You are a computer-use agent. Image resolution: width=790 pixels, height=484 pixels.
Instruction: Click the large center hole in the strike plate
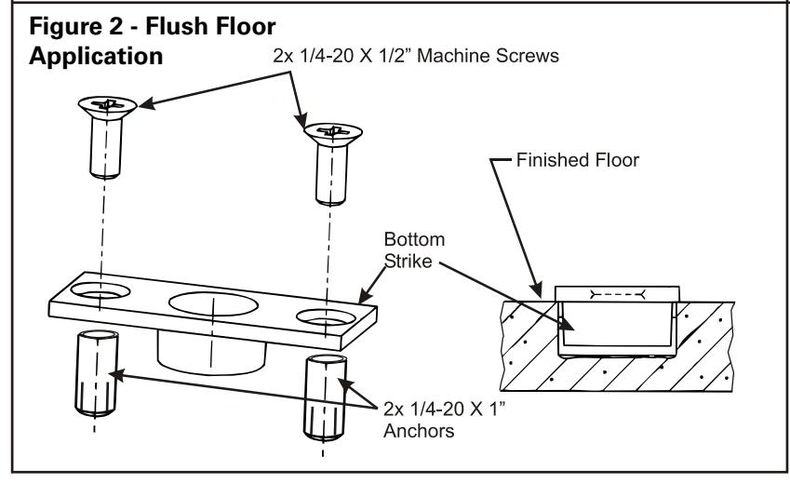tap(214, 303)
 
